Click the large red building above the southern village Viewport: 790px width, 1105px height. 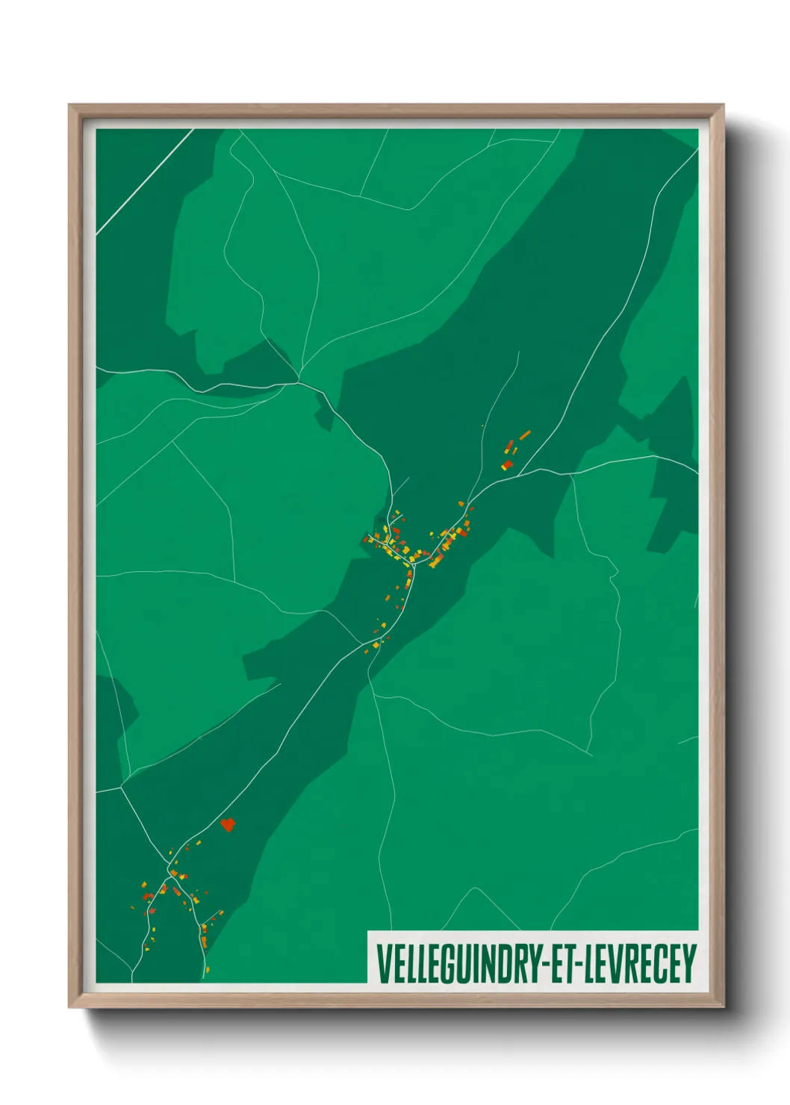point(228,824)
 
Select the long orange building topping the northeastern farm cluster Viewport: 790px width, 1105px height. point(525,435)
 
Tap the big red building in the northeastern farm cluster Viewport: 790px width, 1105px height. point(507,464)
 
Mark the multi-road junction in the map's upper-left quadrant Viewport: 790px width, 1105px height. point(299,382)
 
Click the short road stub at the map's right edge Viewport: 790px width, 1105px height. point(687,741)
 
